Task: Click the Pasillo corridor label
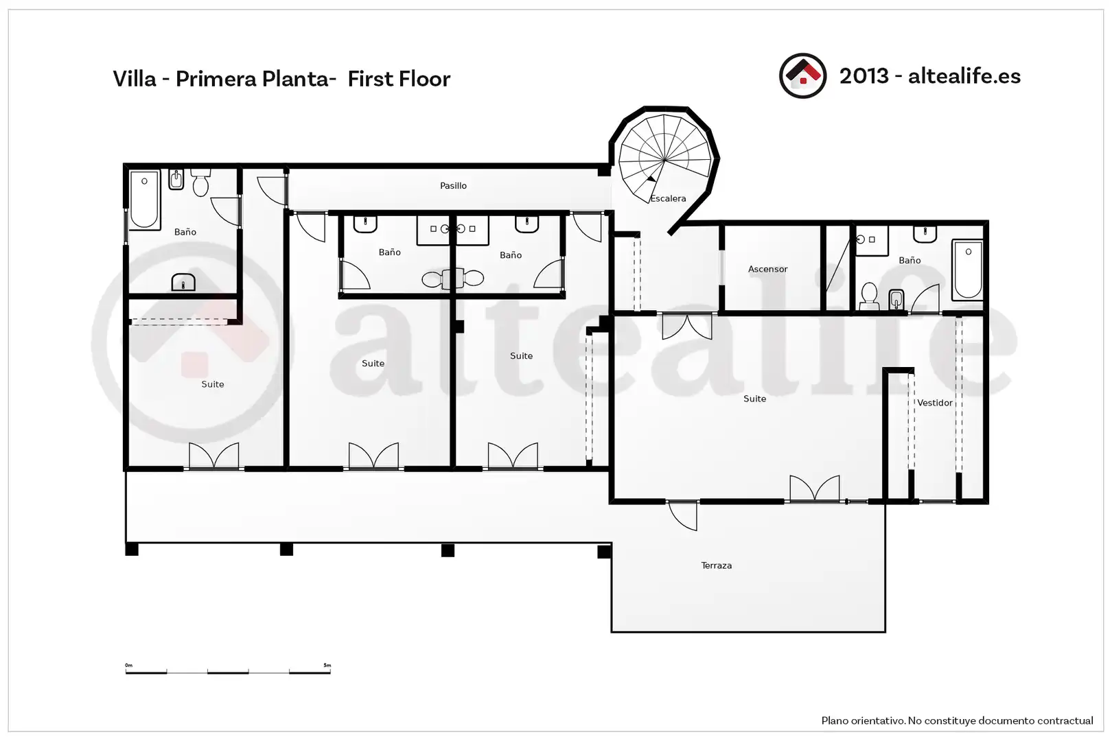[453, 186]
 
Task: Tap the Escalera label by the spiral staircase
[668, 198]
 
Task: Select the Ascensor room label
[768, 269]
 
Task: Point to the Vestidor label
[935, 403]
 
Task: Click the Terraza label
[717, 565]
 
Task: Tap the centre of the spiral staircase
[664, 160]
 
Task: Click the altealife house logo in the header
[802, 76]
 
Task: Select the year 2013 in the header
[864, 76]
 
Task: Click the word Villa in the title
[135, 79]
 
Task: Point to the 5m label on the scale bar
[327, 666]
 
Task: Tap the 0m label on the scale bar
[128, 665]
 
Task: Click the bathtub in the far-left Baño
[144, 200]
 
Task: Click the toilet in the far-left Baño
[200, 183]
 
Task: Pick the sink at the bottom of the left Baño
[183, 283]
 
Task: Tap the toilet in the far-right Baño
[869, 296]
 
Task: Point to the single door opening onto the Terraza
[682, 516]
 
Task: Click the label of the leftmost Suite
[213, 384]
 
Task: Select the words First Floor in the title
[399, 79]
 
